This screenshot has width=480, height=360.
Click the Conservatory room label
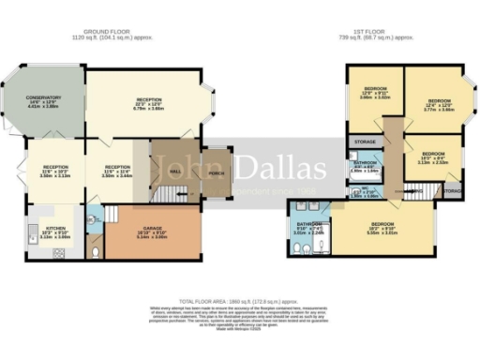[x=44, y=97]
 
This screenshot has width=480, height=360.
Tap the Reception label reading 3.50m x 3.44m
[x=117, y=169]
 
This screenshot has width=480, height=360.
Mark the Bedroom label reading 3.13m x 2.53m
[x=433, y=155]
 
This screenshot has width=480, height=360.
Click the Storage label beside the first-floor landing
[x=366, y=142]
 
